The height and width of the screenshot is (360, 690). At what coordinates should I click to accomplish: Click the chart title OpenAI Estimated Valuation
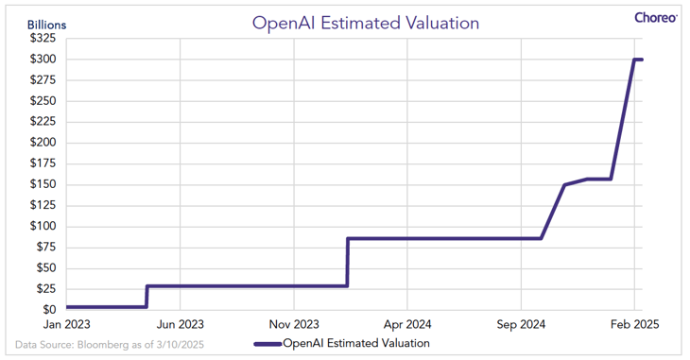tap(365, 23)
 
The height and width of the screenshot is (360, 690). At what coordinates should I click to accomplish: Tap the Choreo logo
tap(656, 18)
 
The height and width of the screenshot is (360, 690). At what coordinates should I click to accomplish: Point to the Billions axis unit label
tap(46, 25)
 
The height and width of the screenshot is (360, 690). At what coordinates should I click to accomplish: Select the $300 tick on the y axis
tap(43, 59)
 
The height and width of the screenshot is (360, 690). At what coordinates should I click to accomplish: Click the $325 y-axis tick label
tap(43, 39)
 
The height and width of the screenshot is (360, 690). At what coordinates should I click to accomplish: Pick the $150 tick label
tap(43, 184)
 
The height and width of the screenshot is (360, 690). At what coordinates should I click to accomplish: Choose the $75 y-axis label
tap(46, 247)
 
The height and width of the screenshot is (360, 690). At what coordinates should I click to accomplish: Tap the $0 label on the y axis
tap(49, 309)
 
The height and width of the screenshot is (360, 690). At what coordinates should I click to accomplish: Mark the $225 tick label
tap(43, 122)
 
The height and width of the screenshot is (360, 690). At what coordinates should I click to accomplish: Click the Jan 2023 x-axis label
tap(66, 324)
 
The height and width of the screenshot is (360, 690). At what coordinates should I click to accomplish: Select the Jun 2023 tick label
tap(181, 324)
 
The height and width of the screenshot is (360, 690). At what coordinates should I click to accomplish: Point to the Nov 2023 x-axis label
tap(294, 324)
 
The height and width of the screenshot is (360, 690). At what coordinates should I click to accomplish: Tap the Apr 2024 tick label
tap(407, 324)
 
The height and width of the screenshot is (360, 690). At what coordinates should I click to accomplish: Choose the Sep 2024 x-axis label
tap(521, 324)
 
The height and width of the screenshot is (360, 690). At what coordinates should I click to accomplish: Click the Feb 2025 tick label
tap(634, 324)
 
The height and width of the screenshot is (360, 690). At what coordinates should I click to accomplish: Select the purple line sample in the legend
tap(267, 344)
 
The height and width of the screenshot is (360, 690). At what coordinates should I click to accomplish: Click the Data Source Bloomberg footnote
tap(110, 344)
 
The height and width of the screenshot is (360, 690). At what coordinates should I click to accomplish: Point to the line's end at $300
tap(642, 60)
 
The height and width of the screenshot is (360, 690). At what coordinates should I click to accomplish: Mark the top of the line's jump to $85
tap(348, 239)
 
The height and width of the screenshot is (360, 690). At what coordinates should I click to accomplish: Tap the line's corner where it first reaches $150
tap(564, 184)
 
